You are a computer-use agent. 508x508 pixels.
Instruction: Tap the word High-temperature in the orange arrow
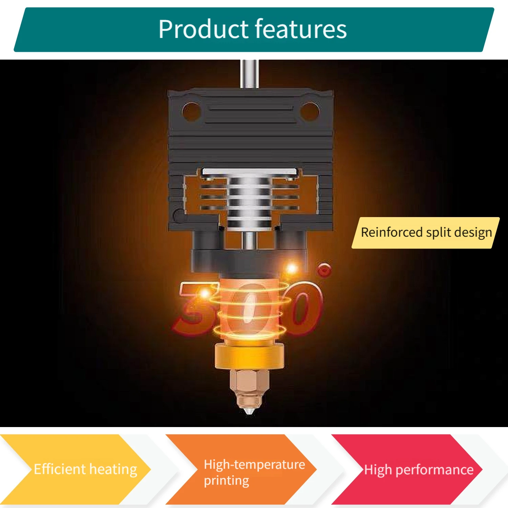[x=254, y=465]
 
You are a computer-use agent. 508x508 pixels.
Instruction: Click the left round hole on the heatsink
[x=191, y=111]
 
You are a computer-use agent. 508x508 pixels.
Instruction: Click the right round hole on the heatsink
[x=310, y=111]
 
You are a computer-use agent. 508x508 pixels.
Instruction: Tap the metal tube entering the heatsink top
[x=250, y=74]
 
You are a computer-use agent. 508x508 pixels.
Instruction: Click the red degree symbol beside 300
[x=324, y=270]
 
